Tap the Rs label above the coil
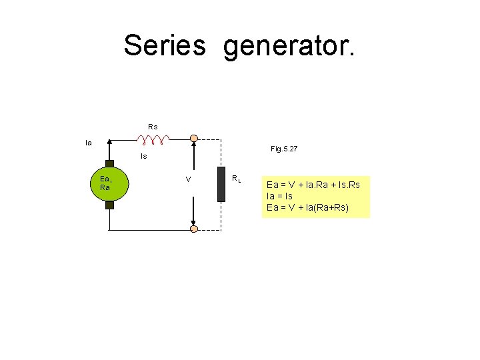pyautogui.click(x=153, y=126)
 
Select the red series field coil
pyautogui.click(x=153, y=139)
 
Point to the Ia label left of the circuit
pyautogui.click(x=88, y=142)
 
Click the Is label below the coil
pyautogui.click(x=144, y=157)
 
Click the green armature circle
pyautogui.click(x=109, y=183)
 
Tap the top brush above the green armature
pyautogui.click(x=109, y=161)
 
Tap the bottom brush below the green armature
pyautogui.click(x=109, y=205)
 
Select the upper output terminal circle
pyautogui.click(x=193, y=139)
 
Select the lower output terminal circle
pyautogui.click(x=193, y=229)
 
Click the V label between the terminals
pyautogui.click(x=189, y=180)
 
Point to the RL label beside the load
pyautogui.click(x=236, y=178)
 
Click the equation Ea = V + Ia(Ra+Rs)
pyautogui.click(x=307, y=208)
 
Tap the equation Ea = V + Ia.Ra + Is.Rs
pyautogui.click(x=313, y=184)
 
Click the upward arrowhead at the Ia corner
pyautogui.click(x=109, y=143)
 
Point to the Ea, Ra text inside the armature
pyautogui.click(x=106, y=183)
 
